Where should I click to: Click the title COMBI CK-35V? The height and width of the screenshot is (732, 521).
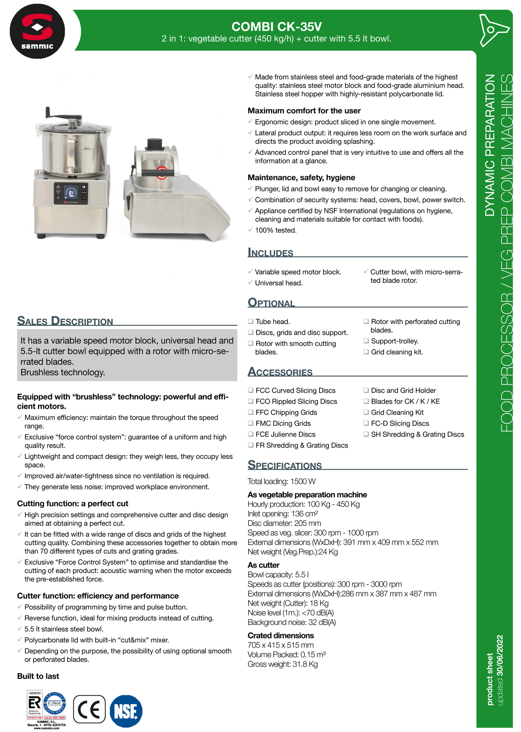276,27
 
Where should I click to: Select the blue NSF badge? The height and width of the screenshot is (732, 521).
126,711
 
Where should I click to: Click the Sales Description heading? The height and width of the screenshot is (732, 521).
65,321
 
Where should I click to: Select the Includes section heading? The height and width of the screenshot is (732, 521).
270,253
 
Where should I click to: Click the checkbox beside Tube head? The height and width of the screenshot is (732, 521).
251,321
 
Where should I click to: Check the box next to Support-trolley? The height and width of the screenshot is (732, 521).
366,341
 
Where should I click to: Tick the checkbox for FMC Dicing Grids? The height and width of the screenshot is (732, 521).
251,423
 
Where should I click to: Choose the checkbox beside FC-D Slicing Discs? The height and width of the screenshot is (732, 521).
366,423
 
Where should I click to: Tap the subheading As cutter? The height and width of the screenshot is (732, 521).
264,565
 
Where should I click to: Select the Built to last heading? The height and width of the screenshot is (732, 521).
38,676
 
